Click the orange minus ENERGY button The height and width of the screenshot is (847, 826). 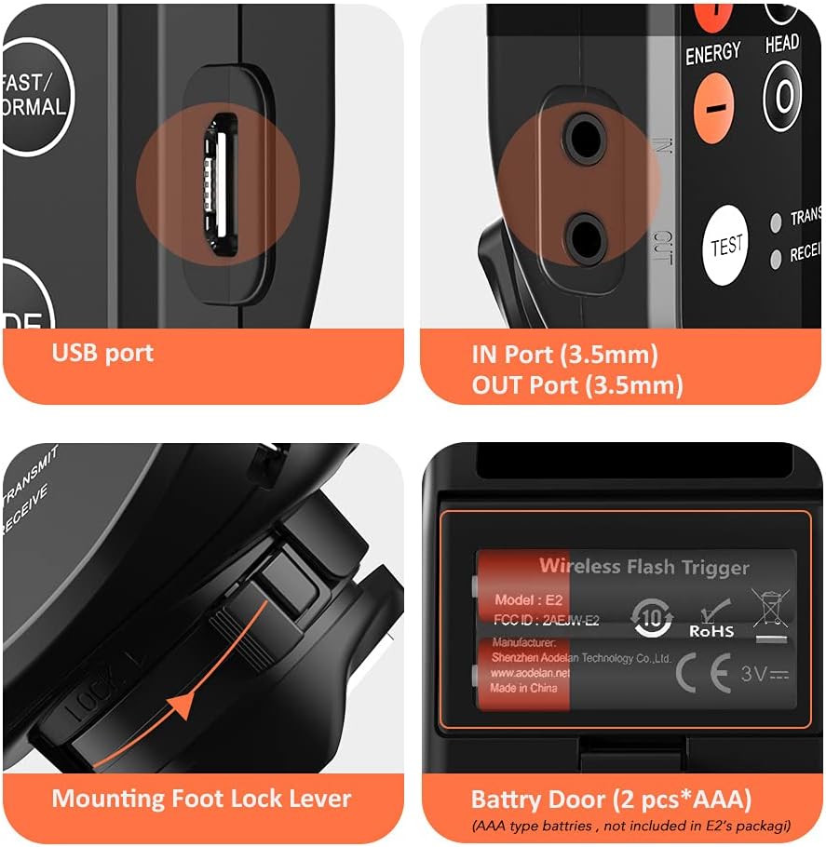[714, 105]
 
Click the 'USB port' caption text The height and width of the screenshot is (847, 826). [102, 353]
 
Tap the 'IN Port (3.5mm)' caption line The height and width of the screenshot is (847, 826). [564, 355]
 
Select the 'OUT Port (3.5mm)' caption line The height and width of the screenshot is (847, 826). [576, 384]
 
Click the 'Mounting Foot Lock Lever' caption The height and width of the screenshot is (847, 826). [201, 798]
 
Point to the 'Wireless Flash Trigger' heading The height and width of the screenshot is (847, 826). [643, 565]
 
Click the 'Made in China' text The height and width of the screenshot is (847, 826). [524, 688]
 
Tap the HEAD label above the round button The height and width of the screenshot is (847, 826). [781, 43]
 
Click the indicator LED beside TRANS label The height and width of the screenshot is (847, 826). [775, 222]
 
